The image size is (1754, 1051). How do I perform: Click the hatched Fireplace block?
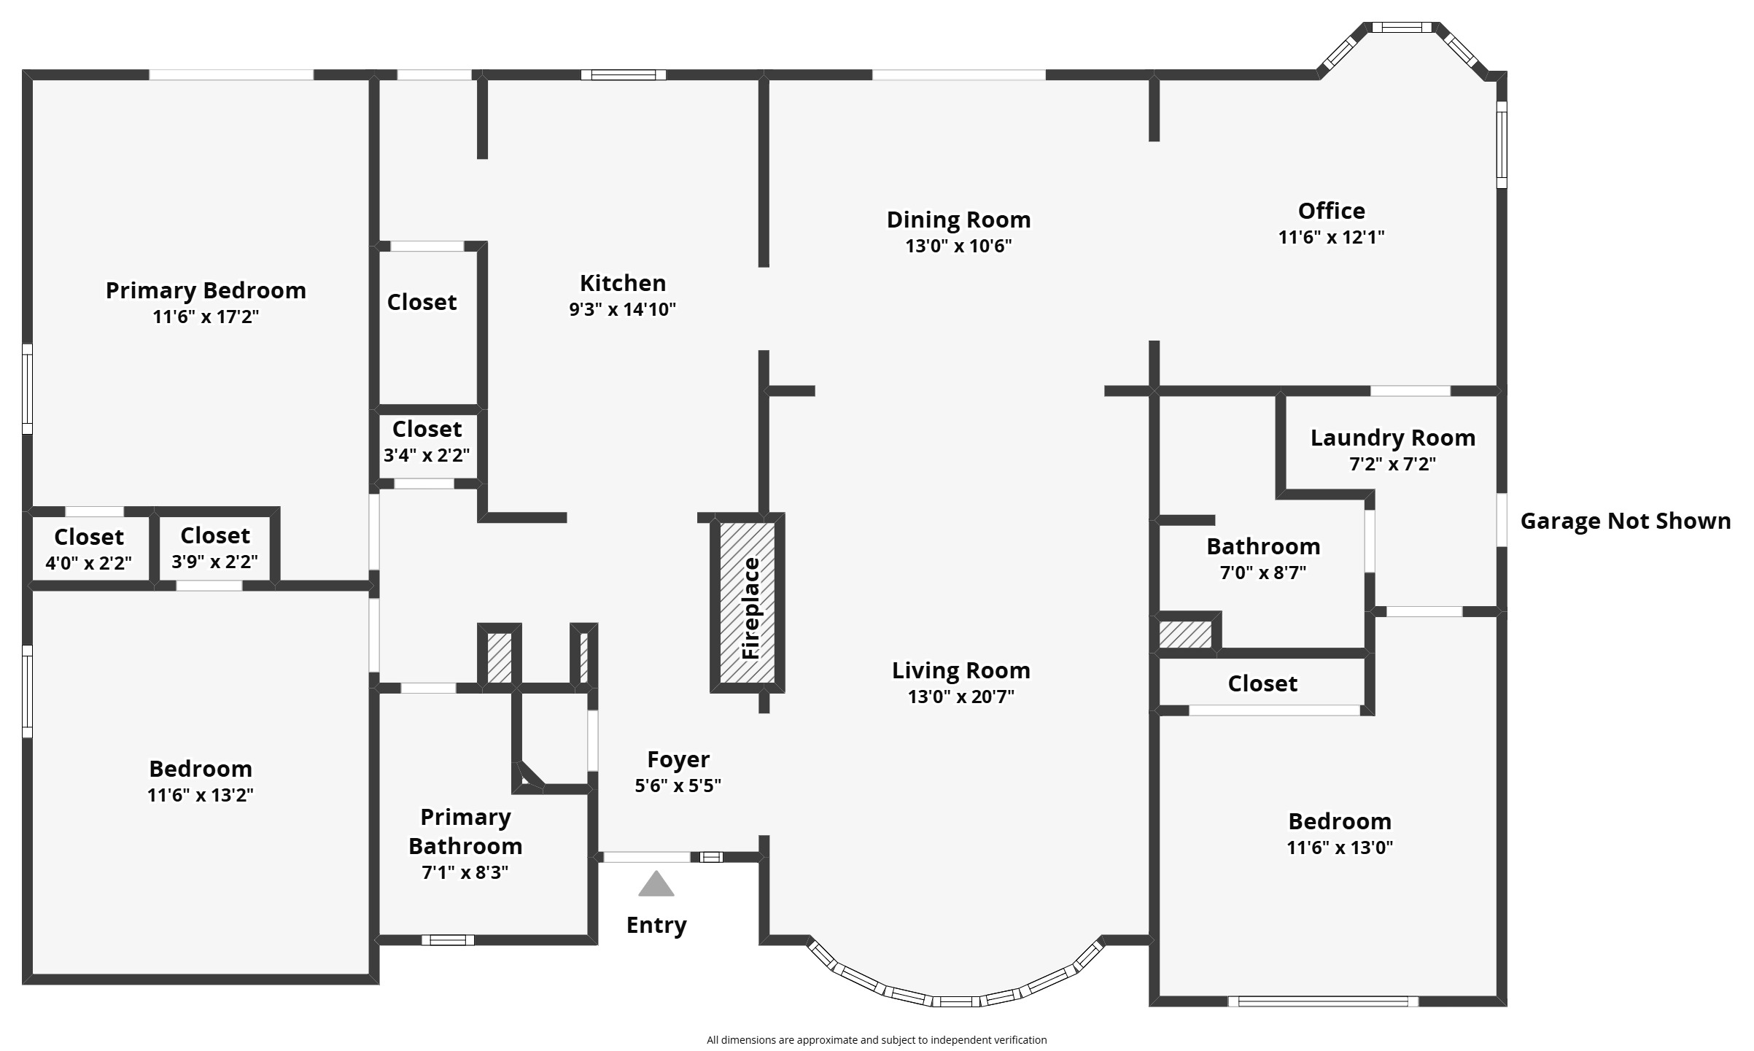point(748,602)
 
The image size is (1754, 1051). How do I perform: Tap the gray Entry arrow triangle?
point(656,883)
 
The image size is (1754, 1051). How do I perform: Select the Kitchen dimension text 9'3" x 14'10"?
point(622,309)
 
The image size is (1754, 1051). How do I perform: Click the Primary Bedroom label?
point(206,290)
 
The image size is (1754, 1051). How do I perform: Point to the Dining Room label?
point(958,220)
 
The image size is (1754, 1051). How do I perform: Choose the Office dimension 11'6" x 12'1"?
point(1331,237)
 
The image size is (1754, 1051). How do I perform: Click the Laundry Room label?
point(1392,438)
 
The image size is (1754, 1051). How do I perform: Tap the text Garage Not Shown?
point(1625,521)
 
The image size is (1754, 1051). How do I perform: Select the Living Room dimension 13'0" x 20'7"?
point(961,697)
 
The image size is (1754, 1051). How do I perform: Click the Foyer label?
point(678,759)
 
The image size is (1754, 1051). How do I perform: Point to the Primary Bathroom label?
point(465,831)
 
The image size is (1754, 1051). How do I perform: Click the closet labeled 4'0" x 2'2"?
point(89,548)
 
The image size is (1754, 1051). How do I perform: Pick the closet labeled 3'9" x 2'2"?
point(215,547)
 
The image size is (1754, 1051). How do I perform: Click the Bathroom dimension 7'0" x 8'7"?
point(1263,573)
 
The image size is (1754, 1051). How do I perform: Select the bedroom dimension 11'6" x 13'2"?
point(200,795)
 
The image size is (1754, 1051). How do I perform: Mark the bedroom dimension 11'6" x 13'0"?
point(1340,848)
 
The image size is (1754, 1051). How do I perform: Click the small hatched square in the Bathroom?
point(1185,634)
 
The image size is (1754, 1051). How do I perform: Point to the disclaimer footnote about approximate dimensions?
point(877,1040)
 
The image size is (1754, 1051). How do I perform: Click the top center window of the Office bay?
point(1401,28)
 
